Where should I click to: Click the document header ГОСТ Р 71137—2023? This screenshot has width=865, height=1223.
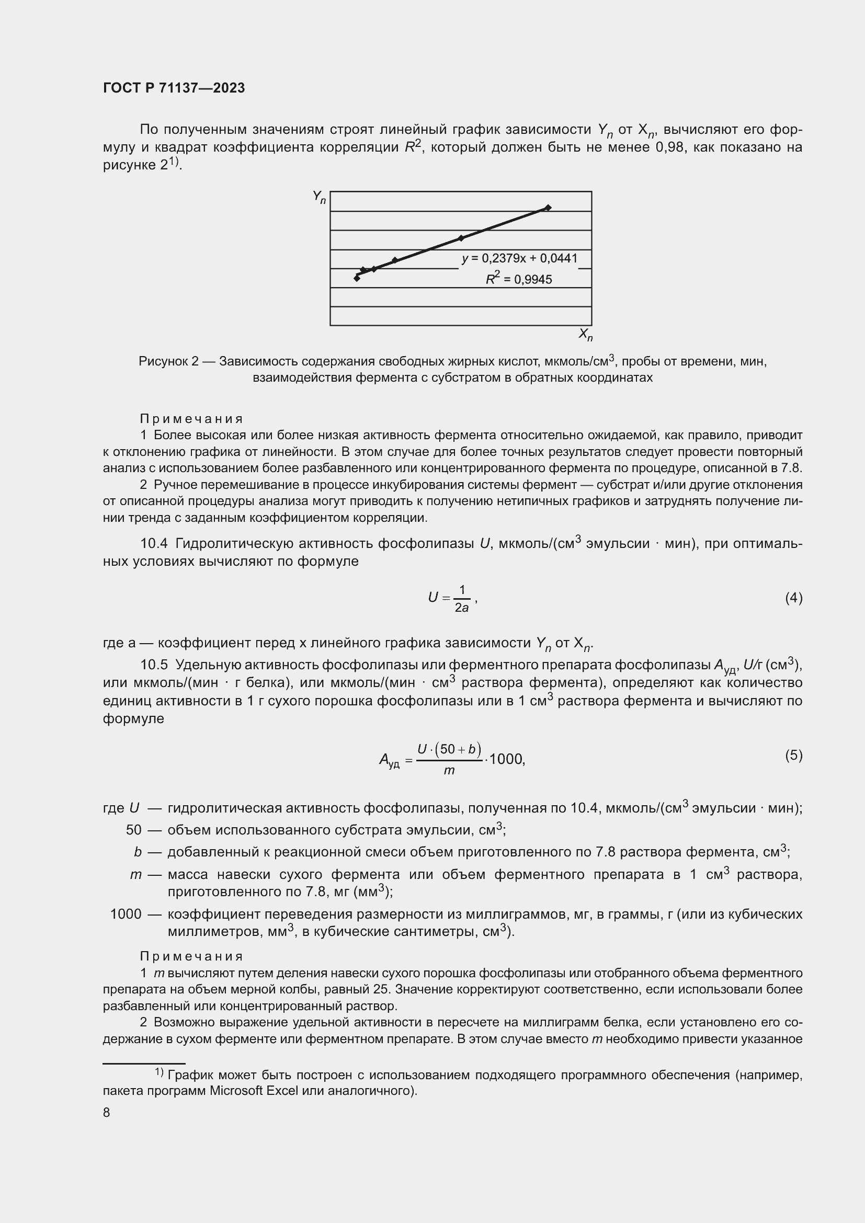pos(174,88)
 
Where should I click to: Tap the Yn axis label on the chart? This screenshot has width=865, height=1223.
pos(319,198)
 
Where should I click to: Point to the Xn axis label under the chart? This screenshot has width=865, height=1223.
pos(585,335)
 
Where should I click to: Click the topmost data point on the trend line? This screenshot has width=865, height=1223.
pos(548,208)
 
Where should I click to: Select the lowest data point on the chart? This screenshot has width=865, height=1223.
pos(357,278)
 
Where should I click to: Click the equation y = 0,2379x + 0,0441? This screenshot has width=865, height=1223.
pos(519,259)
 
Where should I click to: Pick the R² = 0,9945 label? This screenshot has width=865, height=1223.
pos(519,279)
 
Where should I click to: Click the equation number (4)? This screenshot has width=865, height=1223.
pos(793,598)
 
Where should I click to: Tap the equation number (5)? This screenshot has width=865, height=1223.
pos(793,755)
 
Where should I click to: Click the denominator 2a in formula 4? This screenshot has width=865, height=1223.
pos(461,608)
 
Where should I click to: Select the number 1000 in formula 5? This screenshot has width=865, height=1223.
pos(507,759)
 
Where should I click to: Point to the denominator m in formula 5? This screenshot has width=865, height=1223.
pos(449,771)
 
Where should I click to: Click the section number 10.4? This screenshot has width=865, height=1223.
pos(153,543)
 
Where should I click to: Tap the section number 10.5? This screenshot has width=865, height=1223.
pos(153,665)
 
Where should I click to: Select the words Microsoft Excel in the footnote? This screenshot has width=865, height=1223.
pos(254,1090)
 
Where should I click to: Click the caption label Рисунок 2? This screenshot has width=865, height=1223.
pos(168,362)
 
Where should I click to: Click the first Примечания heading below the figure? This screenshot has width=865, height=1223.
pos(191,419)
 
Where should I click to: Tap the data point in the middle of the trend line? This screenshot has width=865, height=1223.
pos(461,238)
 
